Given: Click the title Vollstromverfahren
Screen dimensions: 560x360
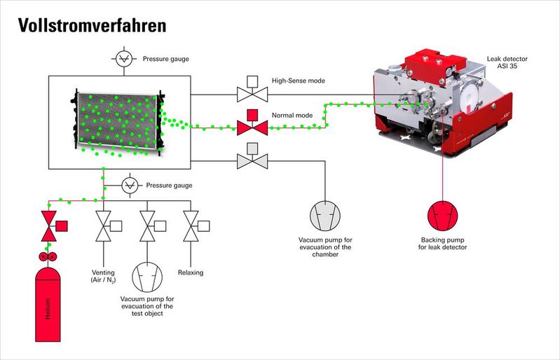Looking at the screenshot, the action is (x=92, y=25).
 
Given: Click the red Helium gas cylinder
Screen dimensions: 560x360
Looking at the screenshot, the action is (x=48, y=305).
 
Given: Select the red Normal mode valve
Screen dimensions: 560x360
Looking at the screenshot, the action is (x=252, y=123).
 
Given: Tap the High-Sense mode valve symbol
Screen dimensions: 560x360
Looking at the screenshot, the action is (x=252, y=89).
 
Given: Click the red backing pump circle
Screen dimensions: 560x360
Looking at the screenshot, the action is (x=442, y=216).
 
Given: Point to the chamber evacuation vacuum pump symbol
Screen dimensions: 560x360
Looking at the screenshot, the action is (x=325, y=216).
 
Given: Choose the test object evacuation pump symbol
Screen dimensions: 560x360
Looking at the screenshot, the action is (x=147, y=277).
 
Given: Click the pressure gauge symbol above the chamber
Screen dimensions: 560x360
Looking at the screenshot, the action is (x=124, y=59).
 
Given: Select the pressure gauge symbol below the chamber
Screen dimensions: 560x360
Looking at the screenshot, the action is (x=130, y=186).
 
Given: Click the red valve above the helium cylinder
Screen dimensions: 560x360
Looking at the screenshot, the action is (x=53, y=226).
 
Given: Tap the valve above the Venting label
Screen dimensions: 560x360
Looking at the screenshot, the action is (x=108, y=226).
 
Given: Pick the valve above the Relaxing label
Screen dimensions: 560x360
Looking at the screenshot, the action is (x=196, y=226).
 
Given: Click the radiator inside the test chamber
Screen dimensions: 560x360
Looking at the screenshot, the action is (x=118, y=121).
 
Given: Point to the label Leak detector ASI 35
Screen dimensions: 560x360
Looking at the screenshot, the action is (x=507, y=62).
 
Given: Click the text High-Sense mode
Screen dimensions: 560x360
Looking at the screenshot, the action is (x=299, y=81).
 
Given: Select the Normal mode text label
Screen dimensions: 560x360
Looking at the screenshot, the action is (x=292, y=116).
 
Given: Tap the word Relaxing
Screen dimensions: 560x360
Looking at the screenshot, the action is (x=191, y=272).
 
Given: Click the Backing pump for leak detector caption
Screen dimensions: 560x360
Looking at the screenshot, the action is (x=442, y=243).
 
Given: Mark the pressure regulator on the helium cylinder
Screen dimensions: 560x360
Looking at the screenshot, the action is (x=48, y=256).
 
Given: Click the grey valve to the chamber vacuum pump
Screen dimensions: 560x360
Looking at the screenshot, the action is (x=252, y=156).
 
